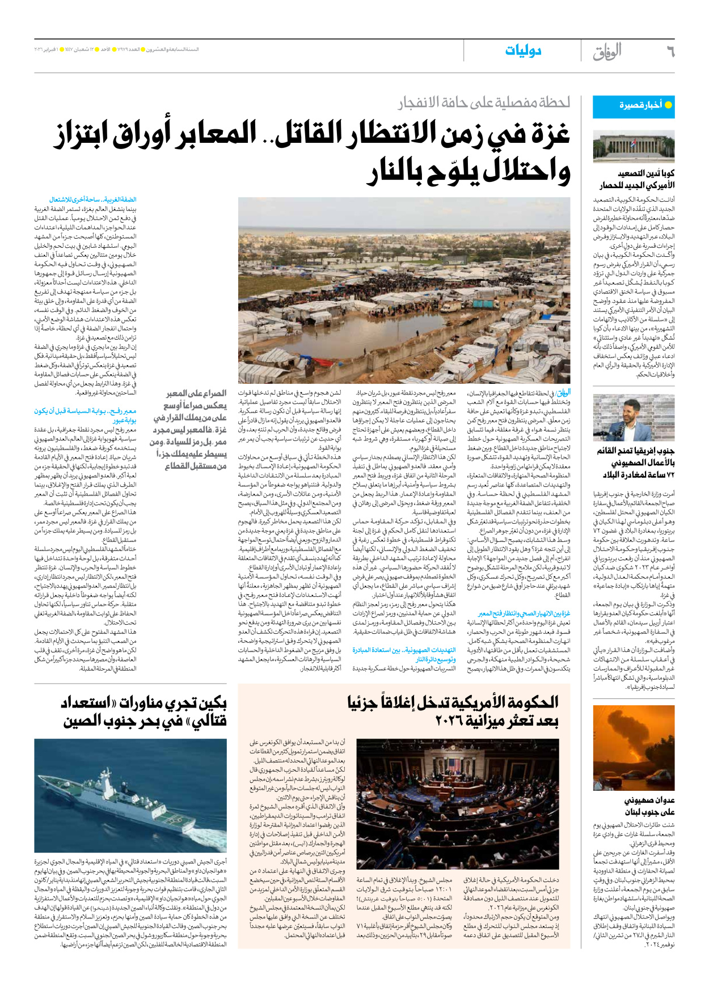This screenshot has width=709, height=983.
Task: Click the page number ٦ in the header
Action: (670, 52)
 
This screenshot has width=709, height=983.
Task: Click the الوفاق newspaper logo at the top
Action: (607, 52)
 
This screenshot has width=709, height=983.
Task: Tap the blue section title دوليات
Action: (523, 52)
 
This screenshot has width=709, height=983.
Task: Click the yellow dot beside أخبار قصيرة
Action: (668, 105)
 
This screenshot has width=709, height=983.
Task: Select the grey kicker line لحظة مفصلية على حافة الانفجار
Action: (483, 103)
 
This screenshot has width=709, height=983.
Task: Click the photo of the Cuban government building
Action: (634, 146)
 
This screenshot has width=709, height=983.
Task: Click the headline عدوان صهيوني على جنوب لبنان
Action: (649, 806)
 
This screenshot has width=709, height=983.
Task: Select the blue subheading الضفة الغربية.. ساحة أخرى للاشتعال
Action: (93, 200)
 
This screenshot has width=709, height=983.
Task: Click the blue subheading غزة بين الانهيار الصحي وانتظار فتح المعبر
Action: (524, 613)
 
